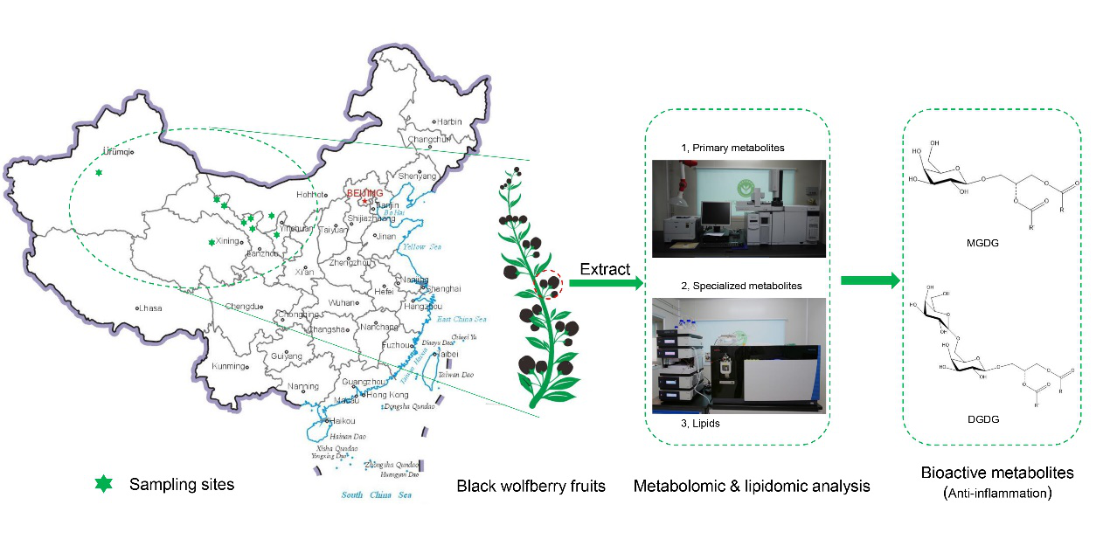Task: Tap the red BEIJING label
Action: coord(365,191)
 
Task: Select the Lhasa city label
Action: coord(149,308)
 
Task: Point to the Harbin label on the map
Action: coord(448,122)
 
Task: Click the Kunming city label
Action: coord(228,366)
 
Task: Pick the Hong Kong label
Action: coord(386,395)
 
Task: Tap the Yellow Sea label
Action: coord(422,247)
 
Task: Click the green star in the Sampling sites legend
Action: coord(103,483)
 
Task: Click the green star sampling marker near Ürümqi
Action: coord(99,173)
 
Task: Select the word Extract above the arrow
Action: coord(605,269)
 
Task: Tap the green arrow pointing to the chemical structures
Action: coord(870,280)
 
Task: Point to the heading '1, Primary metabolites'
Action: coord(732,148)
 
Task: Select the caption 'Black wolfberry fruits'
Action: coord(531,486)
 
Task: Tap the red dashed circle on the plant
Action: coord(549,284)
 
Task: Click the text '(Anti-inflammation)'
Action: coord(997,494)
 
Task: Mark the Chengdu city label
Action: coord(244,307)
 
